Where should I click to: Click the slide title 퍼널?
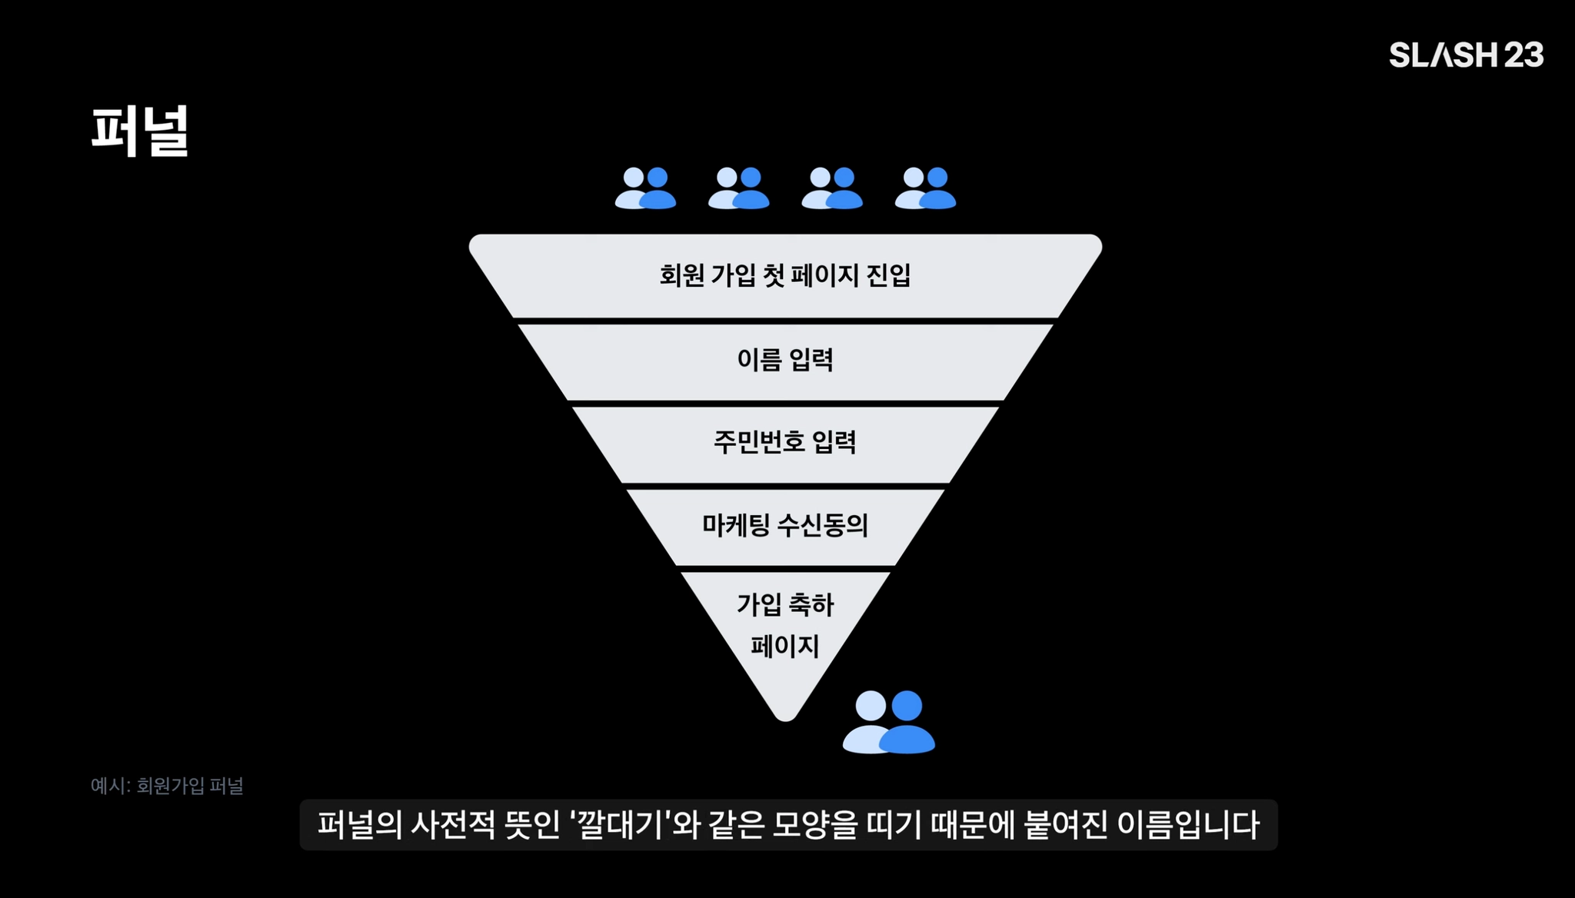tap(140, 131)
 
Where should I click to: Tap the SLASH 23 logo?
tap(1466, 55)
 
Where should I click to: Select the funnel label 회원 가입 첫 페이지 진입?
tap(785, 275)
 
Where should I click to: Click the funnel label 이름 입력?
tap(785, 359)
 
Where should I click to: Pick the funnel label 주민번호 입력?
tap(785, 442)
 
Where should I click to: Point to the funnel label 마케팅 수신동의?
tap(785, 525)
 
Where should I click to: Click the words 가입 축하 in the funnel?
tap(785, 605)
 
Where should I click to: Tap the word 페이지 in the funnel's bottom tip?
tap(785, 646)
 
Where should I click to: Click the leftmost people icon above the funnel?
tap(645, 188)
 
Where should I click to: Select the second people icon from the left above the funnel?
tap(738, 188)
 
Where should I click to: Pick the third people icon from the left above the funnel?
tap(831, 188)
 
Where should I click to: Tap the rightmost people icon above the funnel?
tap(925, 188)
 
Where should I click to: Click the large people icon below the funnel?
tap(889, 722)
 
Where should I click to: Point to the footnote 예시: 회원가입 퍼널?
tap(167, 786)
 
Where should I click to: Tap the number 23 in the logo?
tap(1523, 55)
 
